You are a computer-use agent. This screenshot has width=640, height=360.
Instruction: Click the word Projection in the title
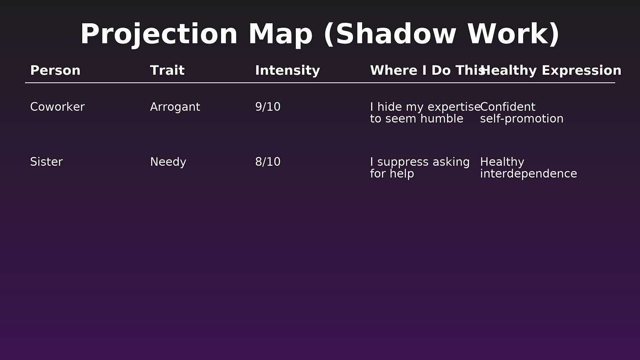pos(159,35)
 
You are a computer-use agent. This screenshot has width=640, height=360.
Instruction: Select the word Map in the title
pos(280,35)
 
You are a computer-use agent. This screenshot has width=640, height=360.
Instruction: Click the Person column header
pos(55,71)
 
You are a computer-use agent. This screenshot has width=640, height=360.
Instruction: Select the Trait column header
pos(167,71)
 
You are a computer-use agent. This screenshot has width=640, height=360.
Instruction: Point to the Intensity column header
pos(287,71)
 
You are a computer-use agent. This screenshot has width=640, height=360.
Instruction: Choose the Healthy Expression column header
pos(551,71)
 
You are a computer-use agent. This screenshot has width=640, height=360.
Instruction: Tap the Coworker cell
pos(57,107)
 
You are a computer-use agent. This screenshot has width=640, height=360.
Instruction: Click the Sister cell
pos(46,162)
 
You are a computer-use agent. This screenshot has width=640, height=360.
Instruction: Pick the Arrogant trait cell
pos(175,107)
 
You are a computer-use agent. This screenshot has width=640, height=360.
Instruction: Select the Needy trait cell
pos(168,162)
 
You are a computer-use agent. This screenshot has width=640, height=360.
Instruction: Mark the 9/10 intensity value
pos(268,107)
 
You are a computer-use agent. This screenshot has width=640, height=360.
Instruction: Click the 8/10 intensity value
pos(268,162)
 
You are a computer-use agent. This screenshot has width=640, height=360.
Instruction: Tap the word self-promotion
pos(522,119)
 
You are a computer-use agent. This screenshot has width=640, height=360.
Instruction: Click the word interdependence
pos(528,174)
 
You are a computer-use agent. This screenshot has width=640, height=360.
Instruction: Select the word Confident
pos(508,107)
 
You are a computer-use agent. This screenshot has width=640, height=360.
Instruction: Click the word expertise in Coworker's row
pos(454,107)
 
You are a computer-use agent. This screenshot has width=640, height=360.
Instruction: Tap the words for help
pos(392,174)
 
